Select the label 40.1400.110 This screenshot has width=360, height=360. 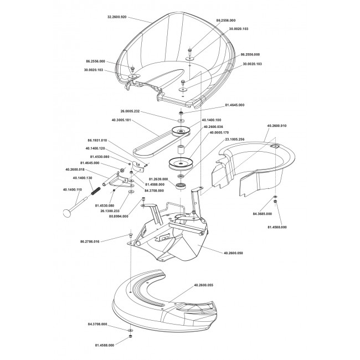pos(73,190)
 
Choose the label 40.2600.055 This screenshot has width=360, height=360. pos(204,285)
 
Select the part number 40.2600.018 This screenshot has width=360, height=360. pos(75,169)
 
